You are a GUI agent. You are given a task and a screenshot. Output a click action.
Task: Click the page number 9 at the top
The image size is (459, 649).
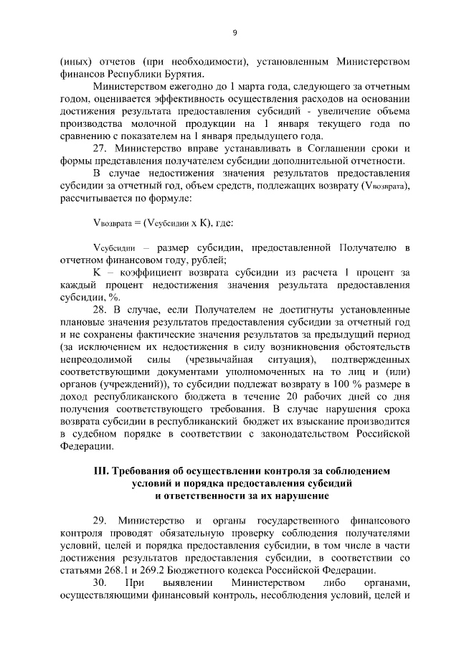(235, 32)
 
